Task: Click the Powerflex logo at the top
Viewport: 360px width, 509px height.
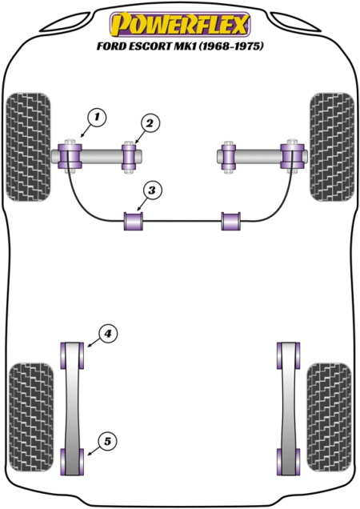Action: [x=180, y=24]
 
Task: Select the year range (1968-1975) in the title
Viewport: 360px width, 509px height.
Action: [x=231, y=46]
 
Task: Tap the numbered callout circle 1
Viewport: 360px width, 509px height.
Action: [x=97, y=117]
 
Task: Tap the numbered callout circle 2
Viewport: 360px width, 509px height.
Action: [x=150, y=123]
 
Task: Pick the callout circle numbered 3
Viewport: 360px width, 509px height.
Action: [x=151, y=190]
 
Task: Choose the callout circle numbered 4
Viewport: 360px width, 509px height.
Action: [x=107, y=334]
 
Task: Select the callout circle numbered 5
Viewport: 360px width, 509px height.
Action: [x=107, y=442]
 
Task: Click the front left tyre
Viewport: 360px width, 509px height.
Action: [x=29, y=146]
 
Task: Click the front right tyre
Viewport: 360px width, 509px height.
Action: [x=332, y=146]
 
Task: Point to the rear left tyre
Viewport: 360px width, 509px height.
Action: [x=31, y=418]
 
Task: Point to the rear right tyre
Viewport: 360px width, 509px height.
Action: [x=329, y=418]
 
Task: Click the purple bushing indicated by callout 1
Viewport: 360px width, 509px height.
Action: [x=70, y=156]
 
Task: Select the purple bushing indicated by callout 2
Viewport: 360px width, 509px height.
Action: [x=129, y=157]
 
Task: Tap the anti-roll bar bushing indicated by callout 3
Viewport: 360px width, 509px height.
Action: [x=134, y=221]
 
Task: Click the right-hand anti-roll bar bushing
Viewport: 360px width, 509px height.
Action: [x=231, y=221]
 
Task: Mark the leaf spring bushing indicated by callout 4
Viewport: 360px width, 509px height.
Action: [x=72, y=355]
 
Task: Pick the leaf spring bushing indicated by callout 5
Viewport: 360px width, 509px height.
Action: [x=72, y=462]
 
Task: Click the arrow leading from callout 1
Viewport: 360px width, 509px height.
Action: [x=86, y=131]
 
